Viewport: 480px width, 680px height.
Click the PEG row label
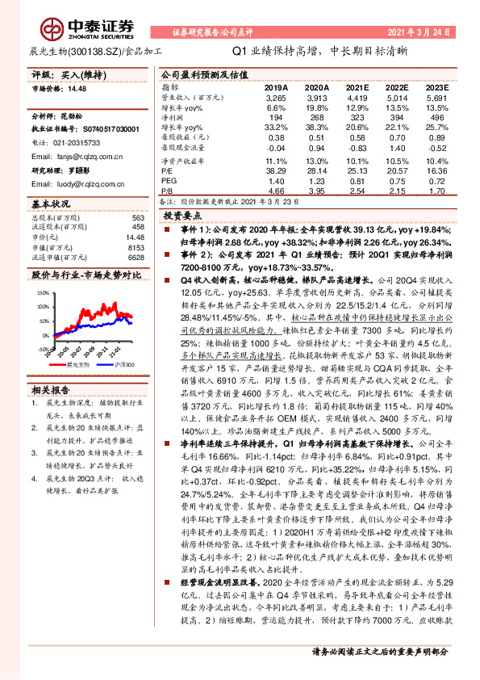click(168, 183)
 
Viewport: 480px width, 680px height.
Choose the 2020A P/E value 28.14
click(316, 171)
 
